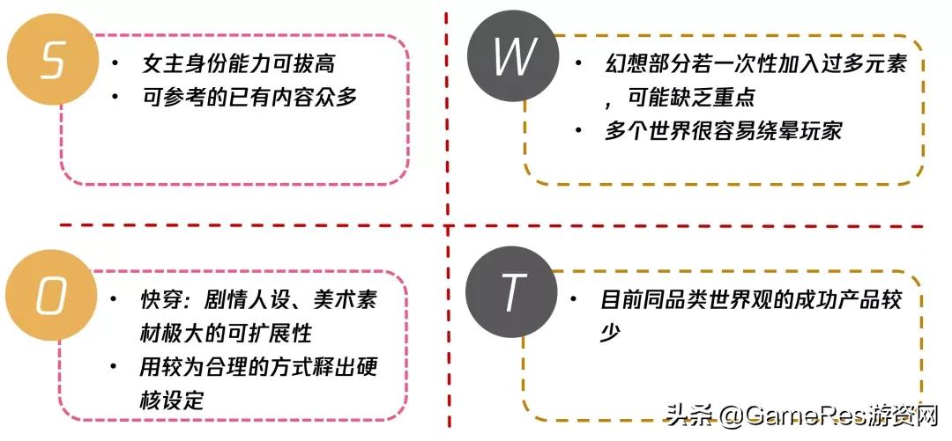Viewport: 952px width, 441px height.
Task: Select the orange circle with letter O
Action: pos(51,298)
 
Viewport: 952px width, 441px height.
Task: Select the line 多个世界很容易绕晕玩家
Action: pos(723,130)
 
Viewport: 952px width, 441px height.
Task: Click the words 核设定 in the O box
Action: pos(172,400)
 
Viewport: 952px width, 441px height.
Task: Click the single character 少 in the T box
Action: pos(611,333)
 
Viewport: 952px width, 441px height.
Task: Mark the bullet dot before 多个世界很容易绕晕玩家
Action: pos(578,130)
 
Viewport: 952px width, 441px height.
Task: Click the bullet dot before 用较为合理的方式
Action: pos(115,366)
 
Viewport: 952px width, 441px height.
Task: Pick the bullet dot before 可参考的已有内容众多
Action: pos(115,97)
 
